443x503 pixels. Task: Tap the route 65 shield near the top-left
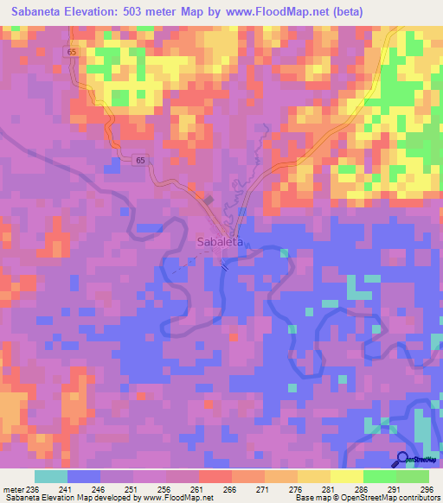pyautogui.click(x=69, y=52)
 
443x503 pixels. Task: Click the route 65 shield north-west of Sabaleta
pyautogui.click(x=139, y=160)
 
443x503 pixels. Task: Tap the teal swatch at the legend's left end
pyautogui.click(x=51, y=476)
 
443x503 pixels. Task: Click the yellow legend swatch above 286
pyautogui.click(x=346, y=476)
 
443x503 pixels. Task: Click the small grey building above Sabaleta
pyautogui.click(x=209, y=198)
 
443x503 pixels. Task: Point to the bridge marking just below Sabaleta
pyautogui.click(x=225, y=266)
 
